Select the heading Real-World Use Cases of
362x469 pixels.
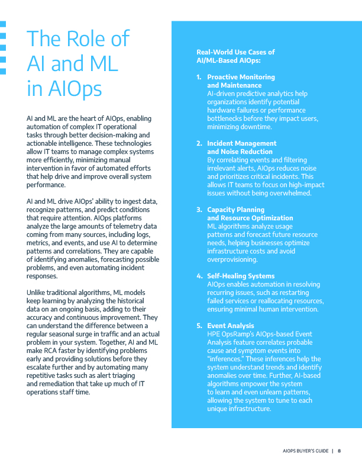pyautogui.click(x=235, y=52)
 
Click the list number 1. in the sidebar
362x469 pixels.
pyautogui.click(x=199, y=77)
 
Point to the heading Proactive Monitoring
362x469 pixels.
pyautogui.click(x=241, y=77)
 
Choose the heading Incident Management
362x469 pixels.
pyautogui.click(x=241, y=143)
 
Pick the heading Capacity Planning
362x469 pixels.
pyautogui.click(x=235, y=210)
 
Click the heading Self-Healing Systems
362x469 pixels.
pyautogui.click(x=241, y=276)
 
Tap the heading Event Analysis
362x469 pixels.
pyautogui.click(x=231, y=326)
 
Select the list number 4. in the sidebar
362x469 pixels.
pyautogui.click(x=199, y=276)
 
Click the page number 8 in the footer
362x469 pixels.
pyautogui.click(x=339, y=451)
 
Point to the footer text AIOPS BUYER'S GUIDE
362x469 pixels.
pyautogui.click(x=305, y=451)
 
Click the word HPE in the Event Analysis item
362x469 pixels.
pyautogui.click(x=214, y=334)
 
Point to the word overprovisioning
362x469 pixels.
pyautogui.click(x=232, y=259)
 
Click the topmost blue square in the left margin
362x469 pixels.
pyautogui.click(x=3, y=25)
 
